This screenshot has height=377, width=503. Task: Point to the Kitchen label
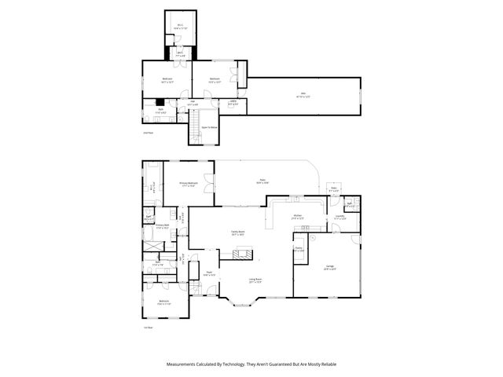point(298,216)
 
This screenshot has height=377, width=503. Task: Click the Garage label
point(329,267)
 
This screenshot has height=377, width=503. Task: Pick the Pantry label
point(299,249)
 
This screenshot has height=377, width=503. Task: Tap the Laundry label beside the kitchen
point(340,217)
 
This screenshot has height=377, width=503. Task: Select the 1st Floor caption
point(147,327)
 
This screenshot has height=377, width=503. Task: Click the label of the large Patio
point(262,181)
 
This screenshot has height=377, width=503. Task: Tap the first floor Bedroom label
point(164,302)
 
